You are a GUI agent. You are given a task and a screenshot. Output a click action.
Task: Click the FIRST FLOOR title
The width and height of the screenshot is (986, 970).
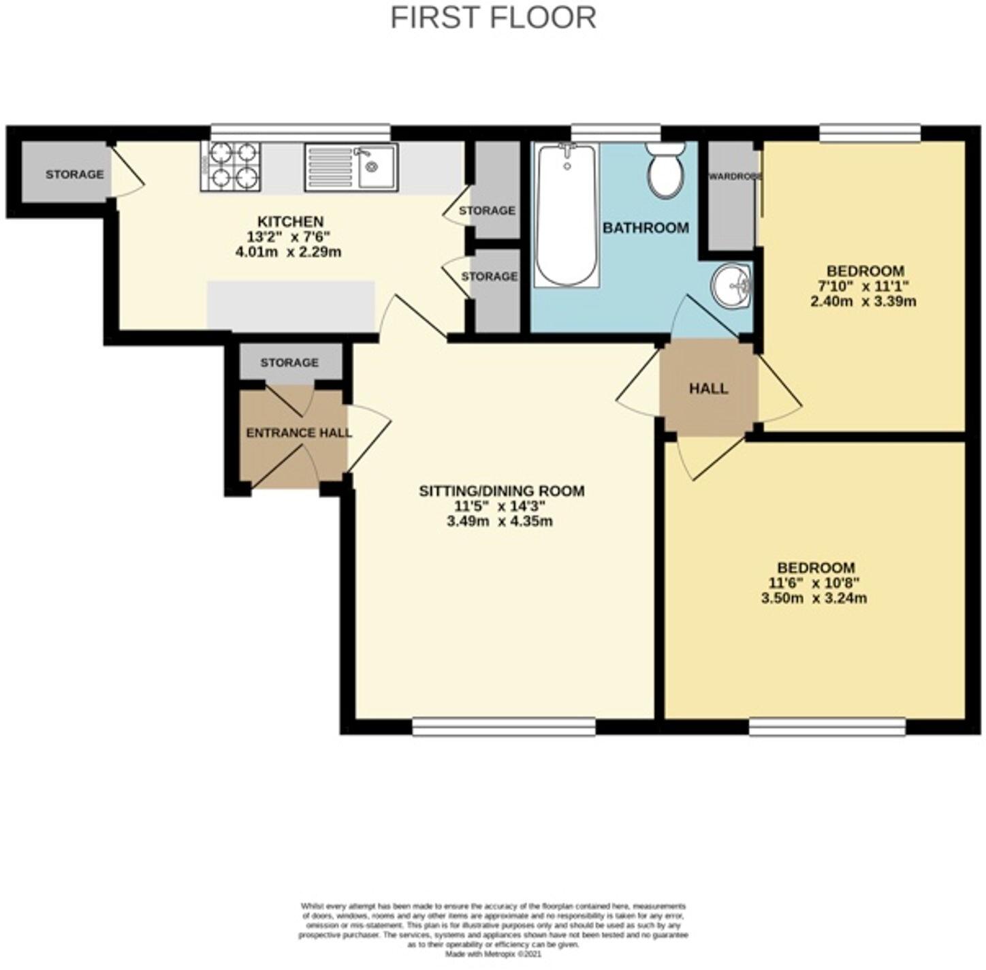coord(493,17)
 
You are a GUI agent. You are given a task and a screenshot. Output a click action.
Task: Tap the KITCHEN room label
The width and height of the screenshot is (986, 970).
coord(290,221)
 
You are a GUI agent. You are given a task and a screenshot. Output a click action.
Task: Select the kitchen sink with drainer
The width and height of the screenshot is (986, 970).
coord(351,166)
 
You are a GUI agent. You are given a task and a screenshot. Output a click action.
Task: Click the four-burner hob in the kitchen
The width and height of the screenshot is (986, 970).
coord(231,166)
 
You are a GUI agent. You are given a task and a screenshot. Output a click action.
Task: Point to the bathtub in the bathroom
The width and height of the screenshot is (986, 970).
coord(567,215)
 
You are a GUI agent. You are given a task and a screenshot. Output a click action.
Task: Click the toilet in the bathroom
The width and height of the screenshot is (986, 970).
coord(664,170)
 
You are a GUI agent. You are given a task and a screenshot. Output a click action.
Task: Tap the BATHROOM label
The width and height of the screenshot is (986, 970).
coord(646,228)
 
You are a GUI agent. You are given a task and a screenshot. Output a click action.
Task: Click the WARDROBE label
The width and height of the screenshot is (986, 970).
coord(734,176)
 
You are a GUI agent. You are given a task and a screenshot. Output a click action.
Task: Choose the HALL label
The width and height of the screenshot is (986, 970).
coord(708,388)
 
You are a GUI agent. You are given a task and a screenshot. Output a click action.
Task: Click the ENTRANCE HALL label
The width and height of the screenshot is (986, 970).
coord(298,433)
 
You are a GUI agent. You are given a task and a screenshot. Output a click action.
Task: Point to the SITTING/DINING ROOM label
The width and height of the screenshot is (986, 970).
coord(501,490)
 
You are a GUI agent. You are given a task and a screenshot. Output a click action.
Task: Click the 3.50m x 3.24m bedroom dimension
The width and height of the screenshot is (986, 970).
coord(814,599)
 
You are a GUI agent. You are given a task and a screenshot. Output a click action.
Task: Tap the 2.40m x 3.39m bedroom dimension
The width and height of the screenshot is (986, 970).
coord(863,301)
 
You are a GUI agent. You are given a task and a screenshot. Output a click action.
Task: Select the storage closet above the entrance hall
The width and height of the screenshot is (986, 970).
coord(289,362)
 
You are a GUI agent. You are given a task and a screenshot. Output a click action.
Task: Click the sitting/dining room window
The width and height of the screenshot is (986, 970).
coord(504,727)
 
